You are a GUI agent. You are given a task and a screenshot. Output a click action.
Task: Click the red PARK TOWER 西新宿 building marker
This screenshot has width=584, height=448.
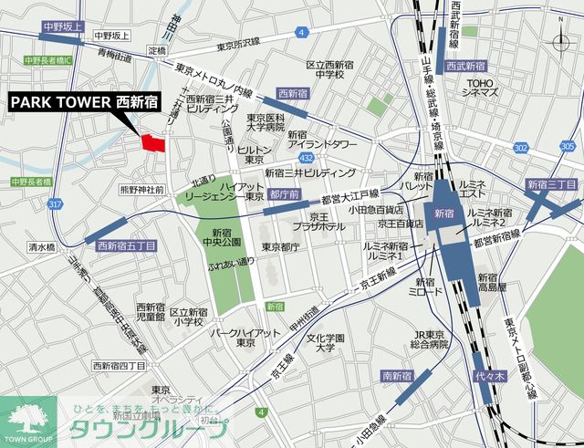click(153, 141)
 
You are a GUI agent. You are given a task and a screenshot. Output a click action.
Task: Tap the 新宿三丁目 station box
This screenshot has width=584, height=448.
click(553, 185)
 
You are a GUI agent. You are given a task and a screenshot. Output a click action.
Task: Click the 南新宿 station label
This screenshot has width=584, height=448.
click(398, 375)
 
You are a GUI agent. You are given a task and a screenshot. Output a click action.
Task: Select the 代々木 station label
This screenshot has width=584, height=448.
click(485, 375)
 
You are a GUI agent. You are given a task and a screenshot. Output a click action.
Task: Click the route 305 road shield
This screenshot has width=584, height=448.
click(568, 146)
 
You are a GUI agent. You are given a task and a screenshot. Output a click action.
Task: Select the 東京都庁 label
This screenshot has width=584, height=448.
click(280, 246)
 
